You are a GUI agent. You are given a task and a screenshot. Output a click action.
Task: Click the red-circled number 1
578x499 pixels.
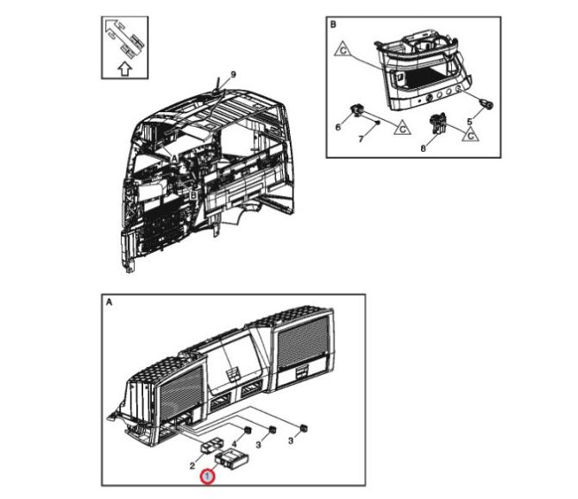(206, 476)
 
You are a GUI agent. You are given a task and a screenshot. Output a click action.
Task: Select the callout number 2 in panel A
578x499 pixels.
(193, 466)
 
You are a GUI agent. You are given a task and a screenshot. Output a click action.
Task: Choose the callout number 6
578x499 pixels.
(339, 128)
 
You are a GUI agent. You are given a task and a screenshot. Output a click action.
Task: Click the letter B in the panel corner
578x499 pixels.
(333, 26)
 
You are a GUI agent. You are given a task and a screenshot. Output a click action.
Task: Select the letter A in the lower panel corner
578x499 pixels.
(109, 303)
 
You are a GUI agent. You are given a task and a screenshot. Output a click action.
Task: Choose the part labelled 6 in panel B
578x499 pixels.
(357, 110)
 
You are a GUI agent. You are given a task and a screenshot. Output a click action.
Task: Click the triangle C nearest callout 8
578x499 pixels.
(471, 133)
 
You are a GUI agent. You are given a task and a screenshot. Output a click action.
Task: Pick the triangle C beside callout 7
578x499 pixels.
(401, 128)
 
